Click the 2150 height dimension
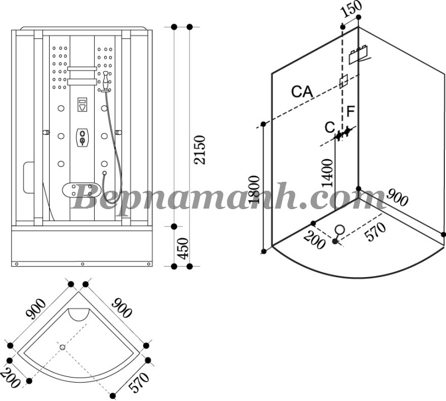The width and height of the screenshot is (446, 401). (x=200, y=149)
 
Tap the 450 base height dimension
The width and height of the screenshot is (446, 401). (x=183, y=248)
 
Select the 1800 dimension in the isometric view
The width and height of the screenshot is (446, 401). (x=254, y=190)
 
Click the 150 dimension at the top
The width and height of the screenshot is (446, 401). (x=352, y=9)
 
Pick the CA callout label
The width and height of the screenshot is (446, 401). (x=302, y=91)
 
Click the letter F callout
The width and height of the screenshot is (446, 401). (x=351, y=111)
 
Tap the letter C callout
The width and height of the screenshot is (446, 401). (x=330, y=128)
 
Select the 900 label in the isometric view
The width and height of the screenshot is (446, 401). (x=397, y=197)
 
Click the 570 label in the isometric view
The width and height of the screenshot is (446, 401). (x=376, y=231)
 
